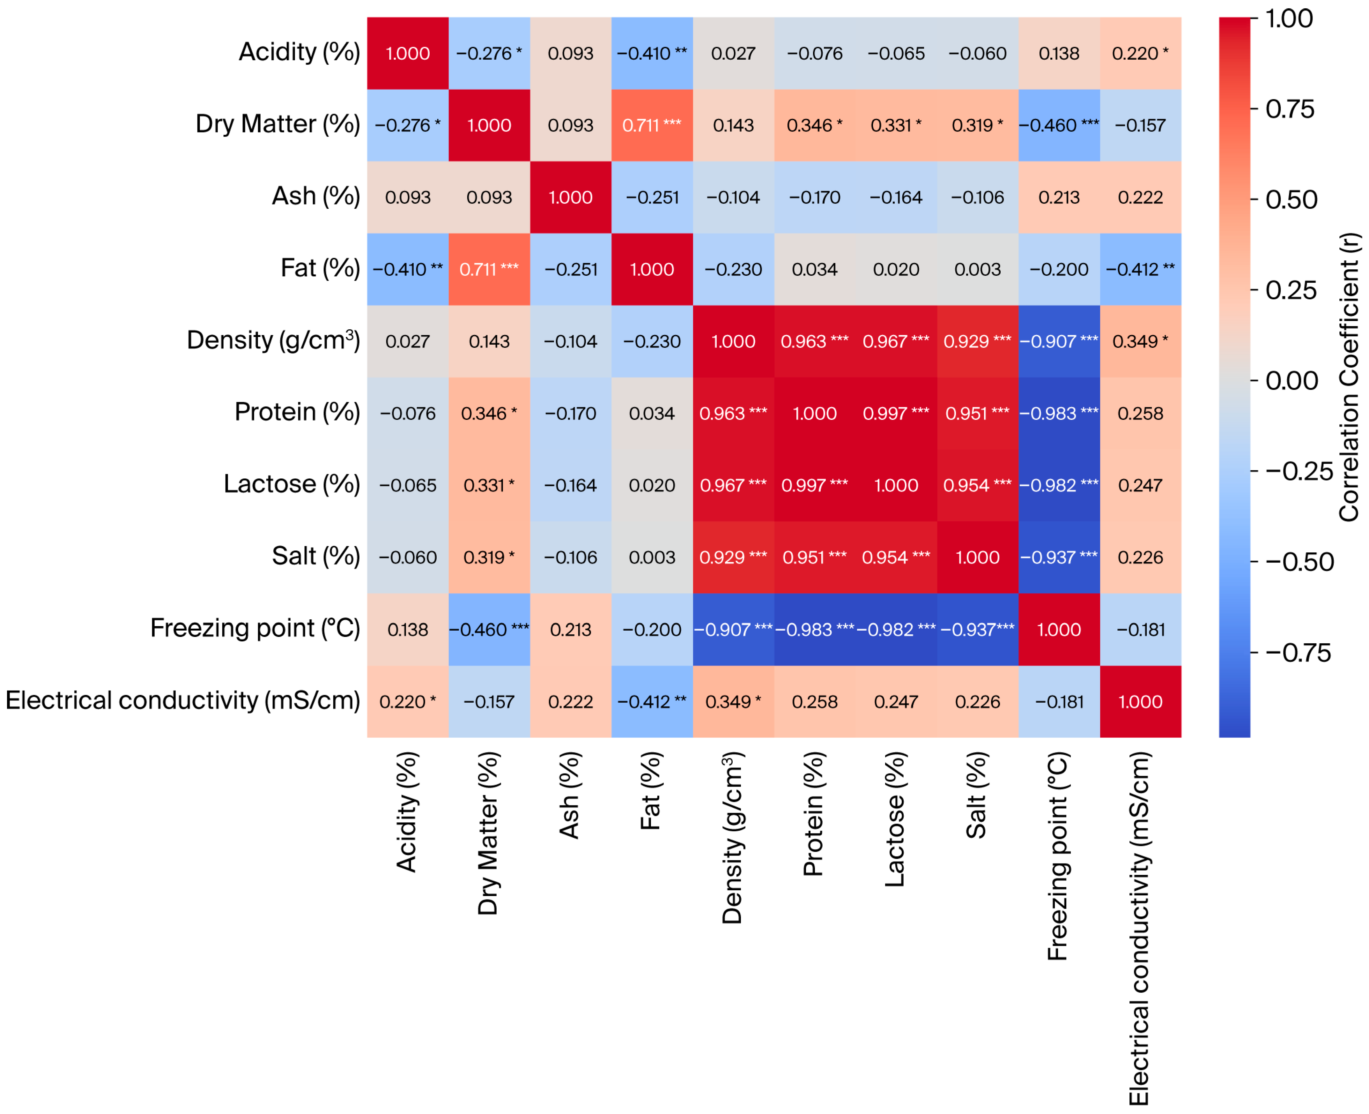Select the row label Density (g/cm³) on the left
(273, 340)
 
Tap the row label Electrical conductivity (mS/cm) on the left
(183, 700)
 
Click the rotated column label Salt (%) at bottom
(976, 796)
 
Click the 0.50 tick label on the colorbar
(1291, 199)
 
